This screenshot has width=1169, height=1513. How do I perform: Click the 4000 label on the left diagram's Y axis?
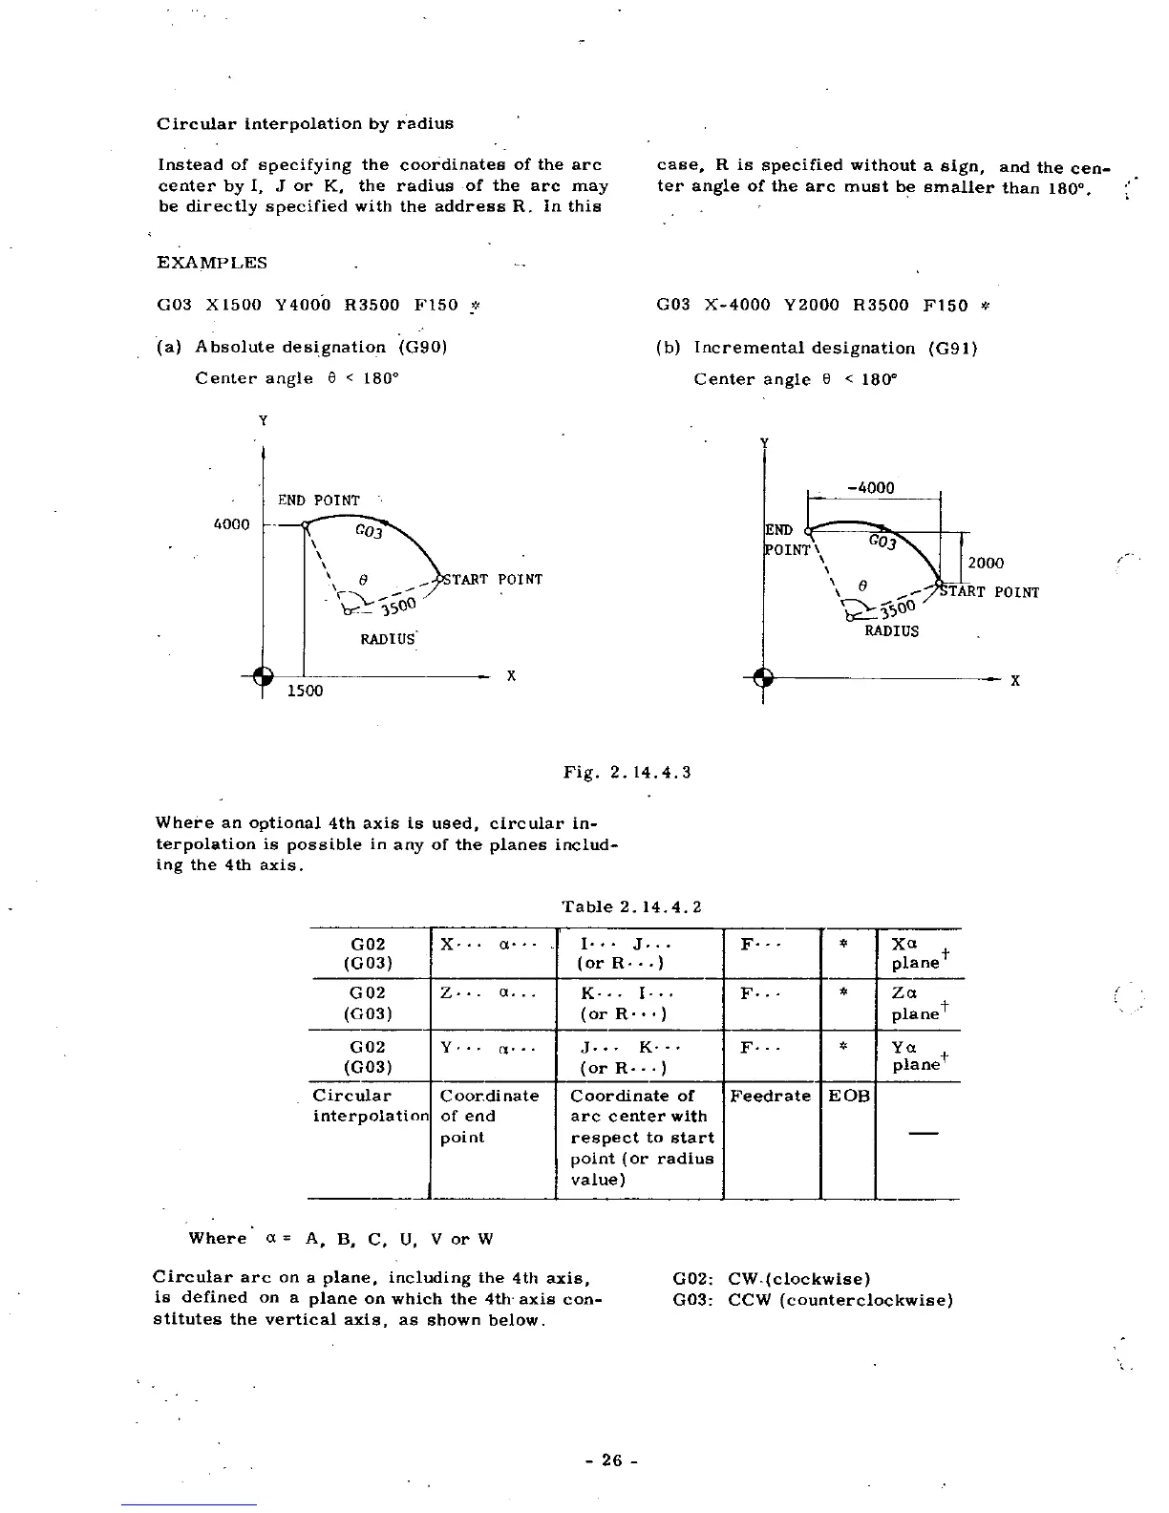click(x=231, y=524)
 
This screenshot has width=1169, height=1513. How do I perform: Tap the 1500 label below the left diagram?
click(x=306, y=691)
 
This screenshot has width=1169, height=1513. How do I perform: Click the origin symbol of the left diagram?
click(x=264, y=675)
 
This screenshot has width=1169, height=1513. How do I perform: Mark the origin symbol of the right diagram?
click(x=763, y=678)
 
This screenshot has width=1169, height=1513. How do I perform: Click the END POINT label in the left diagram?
click(x=319, y=501)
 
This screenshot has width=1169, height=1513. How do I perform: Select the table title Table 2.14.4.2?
click(x=631, y=906)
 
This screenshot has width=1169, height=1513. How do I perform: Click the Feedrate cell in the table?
click(x=771, y=1096)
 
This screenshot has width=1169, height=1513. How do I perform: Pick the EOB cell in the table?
click(x=847, y=1096)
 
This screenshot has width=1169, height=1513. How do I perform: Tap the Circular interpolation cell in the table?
click(x=368, y=1106)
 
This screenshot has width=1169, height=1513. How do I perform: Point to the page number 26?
click(x=612, y=1460)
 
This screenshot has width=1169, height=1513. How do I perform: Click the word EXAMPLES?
click(x=212, y=263)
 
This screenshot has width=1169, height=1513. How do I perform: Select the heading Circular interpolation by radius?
click(x=305, y=123)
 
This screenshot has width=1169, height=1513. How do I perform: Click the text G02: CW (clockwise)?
click(x=771, y=1278)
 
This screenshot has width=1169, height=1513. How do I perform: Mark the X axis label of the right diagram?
click(x=1015, y=681)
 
